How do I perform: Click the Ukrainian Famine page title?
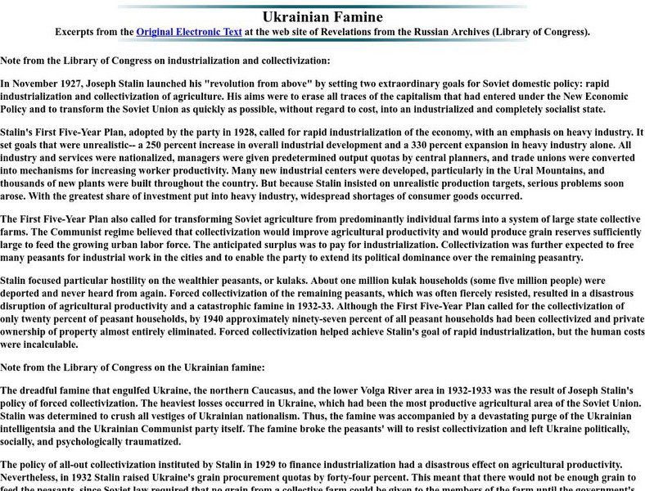tap(322, 17)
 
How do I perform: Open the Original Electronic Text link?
tap(189, 33)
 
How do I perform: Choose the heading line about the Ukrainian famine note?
tap(133, 367)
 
